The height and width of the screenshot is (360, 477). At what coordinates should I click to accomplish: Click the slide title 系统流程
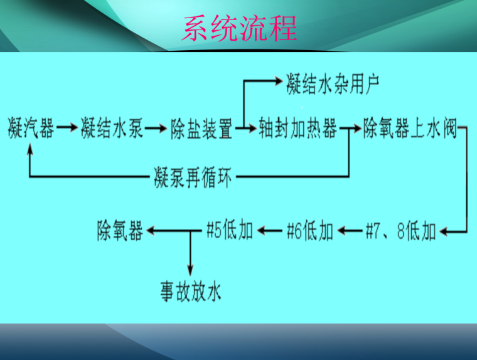pos(239,29)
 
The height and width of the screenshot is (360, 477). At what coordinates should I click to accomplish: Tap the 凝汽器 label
pos(30,129)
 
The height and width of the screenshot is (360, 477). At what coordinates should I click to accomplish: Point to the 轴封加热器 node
pos(297,129)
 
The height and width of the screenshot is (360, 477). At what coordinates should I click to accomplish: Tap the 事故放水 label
pos(190,292)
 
